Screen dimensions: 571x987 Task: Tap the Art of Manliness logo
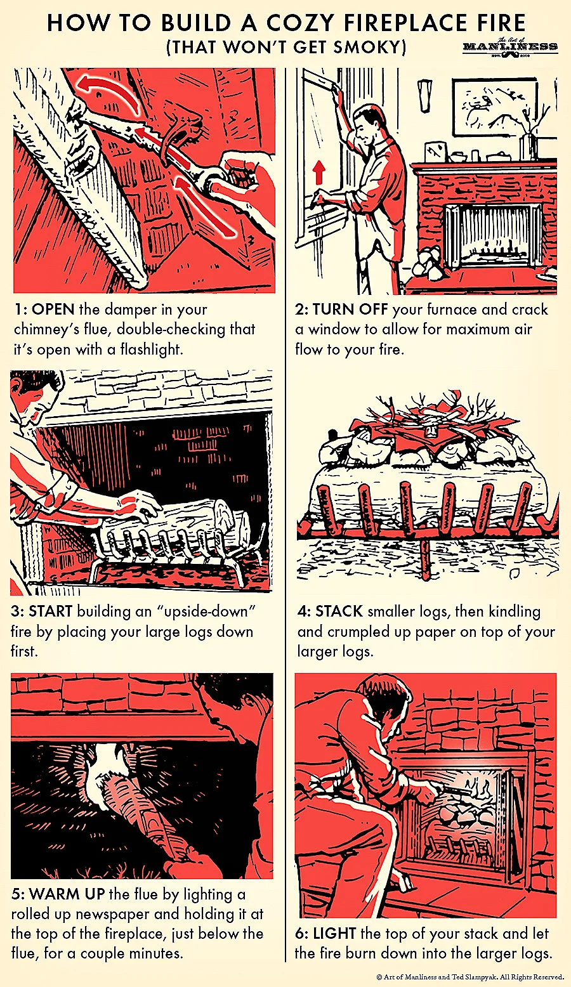click(510, 47)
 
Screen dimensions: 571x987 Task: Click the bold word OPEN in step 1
click(53, 310)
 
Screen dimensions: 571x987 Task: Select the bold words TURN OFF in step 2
click(350, 310)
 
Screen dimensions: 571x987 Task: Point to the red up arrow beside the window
click(319, 172)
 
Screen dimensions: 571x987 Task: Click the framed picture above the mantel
click(495, 107)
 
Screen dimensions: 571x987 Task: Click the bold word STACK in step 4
click(339, 611)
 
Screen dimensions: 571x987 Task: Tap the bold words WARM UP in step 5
click(67, 894)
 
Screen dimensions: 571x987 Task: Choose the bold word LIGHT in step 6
click(334, 933)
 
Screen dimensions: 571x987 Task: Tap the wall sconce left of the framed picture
click(424, 95)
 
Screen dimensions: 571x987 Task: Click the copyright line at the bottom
click(471, 977)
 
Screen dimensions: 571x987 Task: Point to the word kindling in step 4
click(514, 611)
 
